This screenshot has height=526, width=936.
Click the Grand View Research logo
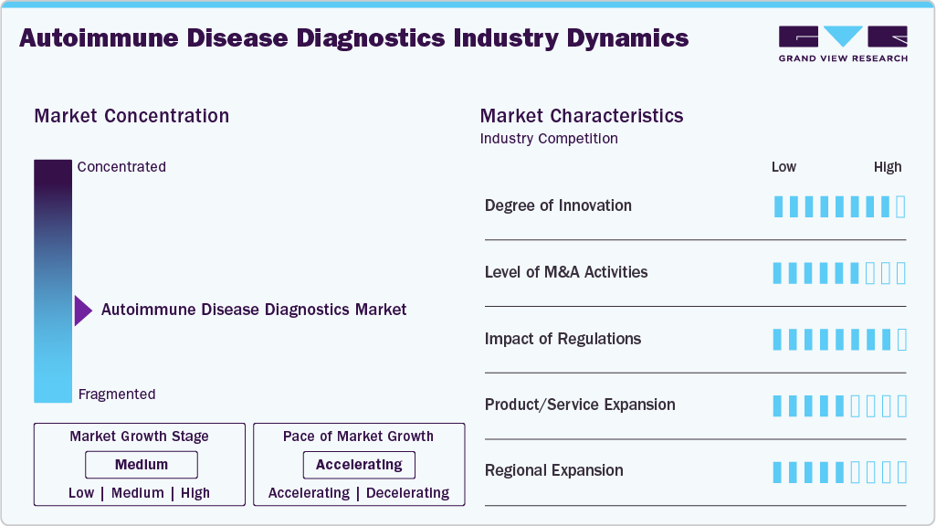pyautogui.click(x=843, y=43)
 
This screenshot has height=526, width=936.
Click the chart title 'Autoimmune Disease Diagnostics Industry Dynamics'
pyautogui.click(x=353, y=38)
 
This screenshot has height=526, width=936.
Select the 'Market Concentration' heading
pyautogui.click(x=131, y=116)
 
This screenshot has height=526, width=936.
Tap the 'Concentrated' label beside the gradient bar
pyautogui.click(x=121, y=167)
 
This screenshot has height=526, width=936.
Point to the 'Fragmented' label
pyautogui.click(x=117, y=394)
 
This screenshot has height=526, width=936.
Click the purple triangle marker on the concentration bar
pyautogui.click(x=83, y=310)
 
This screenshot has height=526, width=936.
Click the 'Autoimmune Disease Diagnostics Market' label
pyautogui.click(x=254, y=310)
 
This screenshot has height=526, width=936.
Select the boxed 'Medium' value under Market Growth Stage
pyautogui.click(x=142, y=465)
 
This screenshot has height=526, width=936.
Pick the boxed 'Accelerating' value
pyautogui.click(x=359, y=465)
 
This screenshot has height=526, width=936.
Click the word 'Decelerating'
pyautogui.click(x=407, y=493)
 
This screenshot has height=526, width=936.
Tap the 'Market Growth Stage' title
pyautogui.click(x=139, y=437)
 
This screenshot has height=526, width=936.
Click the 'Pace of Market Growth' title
pyautogui.click(x=358, y=437)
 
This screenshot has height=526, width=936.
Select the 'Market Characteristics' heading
pyautogui.click(x=582, y=116)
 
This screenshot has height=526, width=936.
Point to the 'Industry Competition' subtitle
pyautogui.click(x=549, y=139)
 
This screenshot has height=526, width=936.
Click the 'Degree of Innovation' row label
pyautogui.click(x=558, y=205)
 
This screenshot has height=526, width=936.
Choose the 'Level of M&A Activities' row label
pyautogui.click(x=566, y=272)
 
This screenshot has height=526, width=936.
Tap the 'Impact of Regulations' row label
pyautogui.click(x=563, y=339)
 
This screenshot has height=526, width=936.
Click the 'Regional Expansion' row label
pyautogui.click(x=554, y=470)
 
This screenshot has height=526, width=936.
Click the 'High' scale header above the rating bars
pyautogui.click(x=887, y=167)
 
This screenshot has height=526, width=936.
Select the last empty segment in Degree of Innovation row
pyautogui.click(x=901, y=206)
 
